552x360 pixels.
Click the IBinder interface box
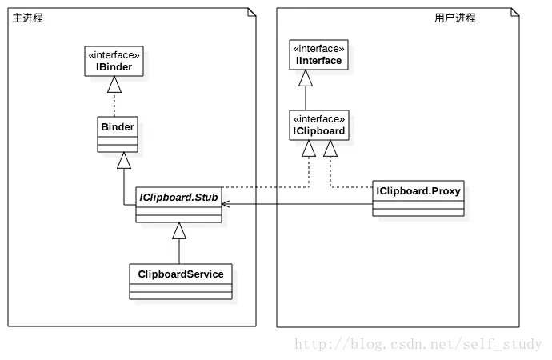click(114, 61)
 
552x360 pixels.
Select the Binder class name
click(118, 126)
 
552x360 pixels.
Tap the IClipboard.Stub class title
click(178, 197)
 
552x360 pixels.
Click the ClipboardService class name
click(181, 274)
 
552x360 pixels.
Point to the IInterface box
click(318, 54)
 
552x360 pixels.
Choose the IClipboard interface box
click(319, 125)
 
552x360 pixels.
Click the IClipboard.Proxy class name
click(418, 190)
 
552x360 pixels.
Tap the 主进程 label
click(27, 18)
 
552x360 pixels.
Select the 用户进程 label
click(455, 18)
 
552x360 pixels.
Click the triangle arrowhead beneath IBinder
click(114, 85)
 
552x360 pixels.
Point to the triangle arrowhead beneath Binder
click(124, 161)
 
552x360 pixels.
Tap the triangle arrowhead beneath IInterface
click(306, 78)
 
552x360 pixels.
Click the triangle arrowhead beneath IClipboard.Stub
click(179, 231)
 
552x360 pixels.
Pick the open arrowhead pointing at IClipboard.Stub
click(226, 204)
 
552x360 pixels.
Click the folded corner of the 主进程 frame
click(252, 12)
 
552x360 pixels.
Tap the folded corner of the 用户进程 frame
click(515, 12)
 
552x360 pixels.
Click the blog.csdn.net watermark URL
click(418, 344)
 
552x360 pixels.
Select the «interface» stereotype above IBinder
click(114, 55)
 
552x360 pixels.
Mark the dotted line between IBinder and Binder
click(114, 105)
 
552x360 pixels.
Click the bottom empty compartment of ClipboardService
click(181, 296)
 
